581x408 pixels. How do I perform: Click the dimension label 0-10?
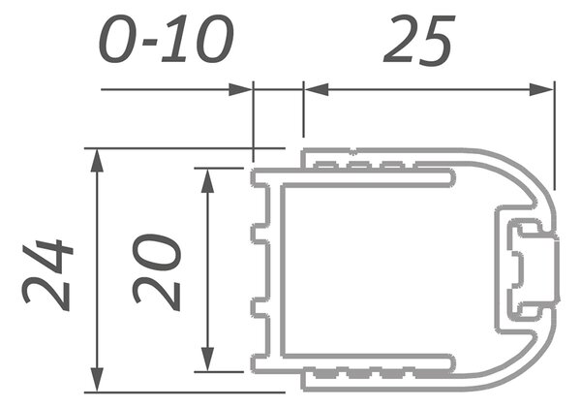[167, 40]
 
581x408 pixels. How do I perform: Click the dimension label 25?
[418, 40]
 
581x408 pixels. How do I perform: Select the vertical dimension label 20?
[157, 272]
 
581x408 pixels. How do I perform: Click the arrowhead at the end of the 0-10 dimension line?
[240, 90]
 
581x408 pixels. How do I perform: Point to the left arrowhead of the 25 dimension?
[316, 90]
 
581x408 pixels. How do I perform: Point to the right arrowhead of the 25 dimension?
[541, 90]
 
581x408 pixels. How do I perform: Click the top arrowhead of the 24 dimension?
[97, 161]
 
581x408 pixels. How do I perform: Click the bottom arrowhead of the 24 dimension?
[97, 380]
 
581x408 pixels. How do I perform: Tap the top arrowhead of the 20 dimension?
[207, 180]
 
